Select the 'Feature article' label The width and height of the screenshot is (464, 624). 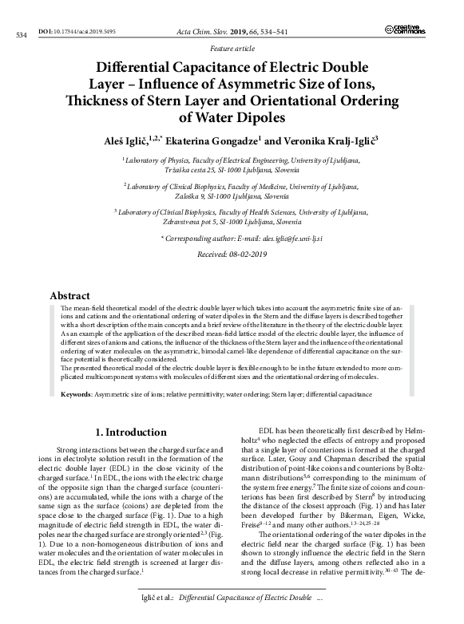point(231,49)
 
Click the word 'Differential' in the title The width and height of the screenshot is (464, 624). point(141,69)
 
